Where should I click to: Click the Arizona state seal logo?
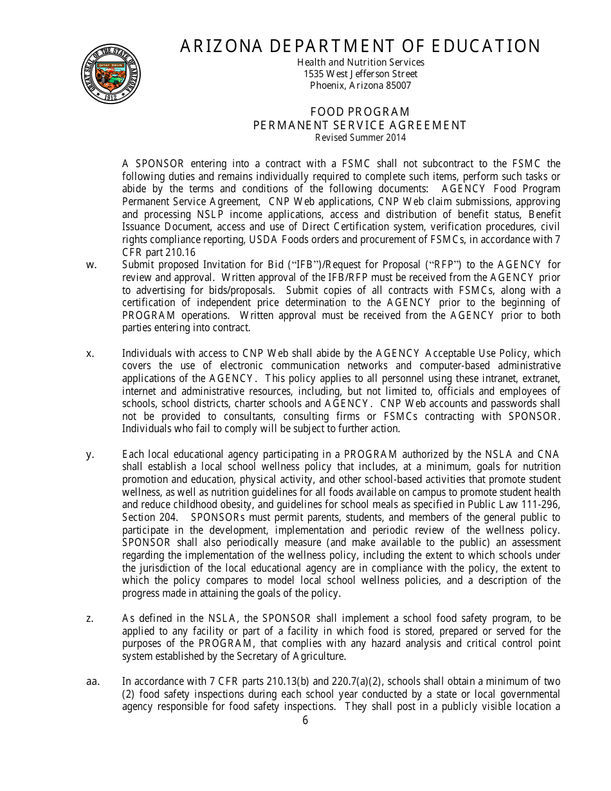pos(111,75)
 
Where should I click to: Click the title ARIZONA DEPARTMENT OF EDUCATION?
pos(360,46)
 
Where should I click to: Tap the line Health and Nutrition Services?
pos(360,62)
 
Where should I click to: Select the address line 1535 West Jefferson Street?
pos(360,74)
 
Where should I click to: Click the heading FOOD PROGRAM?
pos(360,113)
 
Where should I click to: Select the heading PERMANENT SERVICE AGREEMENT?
pos(360,125)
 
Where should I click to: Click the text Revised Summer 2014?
pos(360,138)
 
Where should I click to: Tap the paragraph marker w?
pos(91,265)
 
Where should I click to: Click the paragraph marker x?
pos(90,353)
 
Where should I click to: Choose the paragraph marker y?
pos(90,454)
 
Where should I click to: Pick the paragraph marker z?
pos(90,619)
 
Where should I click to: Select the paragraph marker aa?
pos(93,682)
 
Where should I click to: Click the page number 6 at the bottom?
pos(305,720)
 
